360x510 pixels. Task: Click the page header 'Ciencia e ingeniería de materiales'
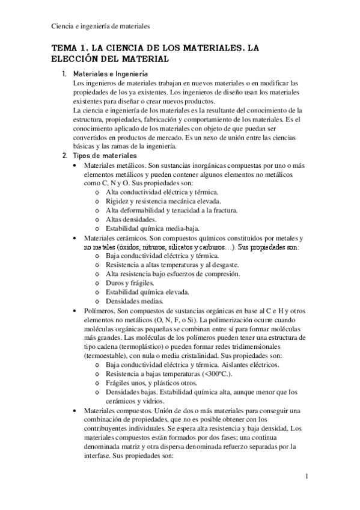100,26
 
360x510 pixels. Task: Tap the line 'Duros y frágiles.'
129,282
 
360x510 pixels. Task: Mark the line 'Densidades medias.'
132,300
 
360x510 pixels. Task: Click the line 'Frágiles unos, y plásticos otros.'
154,382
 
